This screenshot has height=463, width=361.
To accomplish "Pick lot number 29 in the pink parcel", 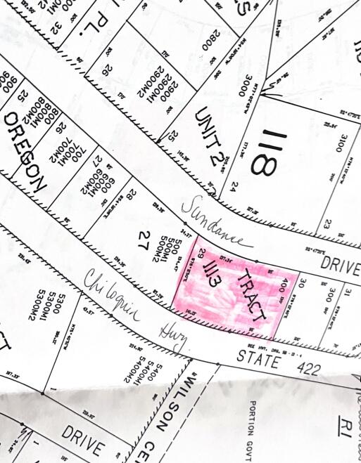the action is tap(202, 254).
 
